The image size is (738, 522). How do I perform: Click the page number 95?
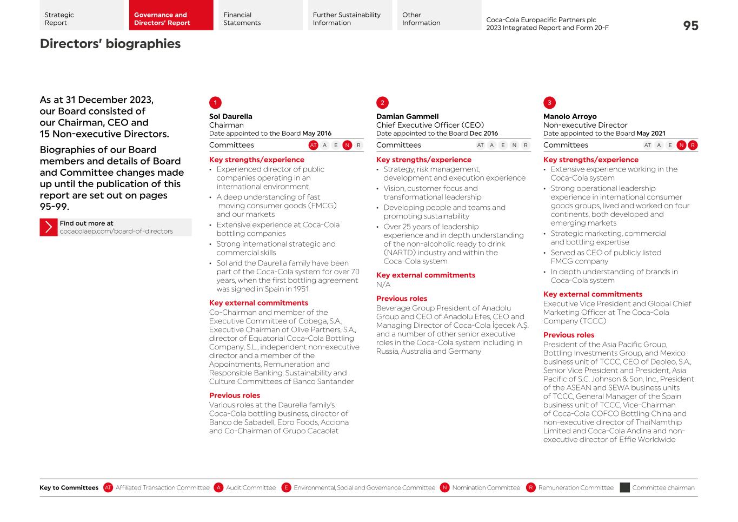690,25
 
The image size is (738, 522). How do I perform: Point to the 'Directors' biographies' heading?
110,44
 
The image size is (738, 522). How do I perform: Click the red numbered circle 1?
215,103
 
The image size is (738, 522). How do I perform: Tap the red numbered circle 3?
549,103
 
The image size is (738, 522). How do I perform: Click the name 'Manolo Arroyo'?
570,116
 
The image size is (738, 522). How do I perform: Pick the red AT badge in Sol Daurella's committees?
313,145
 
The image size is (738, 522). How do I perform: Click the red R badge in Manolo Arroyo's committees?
693,145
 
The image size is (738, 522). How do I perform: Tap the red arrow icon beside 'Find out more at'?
49,227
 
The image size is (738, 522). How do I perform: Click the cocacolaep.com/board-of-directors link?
116,232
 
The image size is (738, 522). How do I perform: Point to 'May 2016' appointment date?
317,134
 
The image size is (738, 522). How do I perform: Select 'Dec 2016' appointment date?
484,134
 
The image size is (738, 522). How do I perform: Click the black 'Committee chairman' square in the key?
624,487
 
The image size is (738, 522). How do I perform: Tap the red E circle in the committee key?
286,487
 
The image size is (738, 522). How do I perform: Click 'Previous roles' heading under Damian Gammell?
402,299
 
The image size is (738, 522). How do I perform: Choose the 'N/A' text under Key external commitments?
383,285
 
